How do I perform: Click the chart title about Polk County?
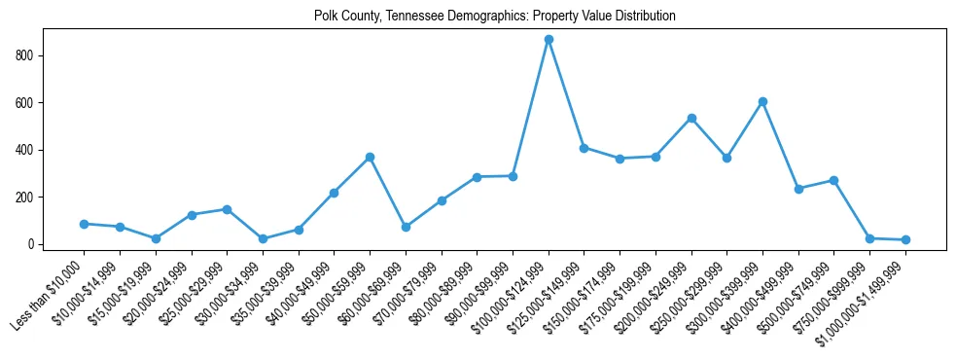point(494,17)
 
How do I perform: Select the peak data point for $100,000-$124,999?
point(549,40)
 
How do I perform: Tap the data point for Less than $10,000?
point(84,224)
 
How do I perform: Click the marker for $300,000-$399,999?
point(762,101)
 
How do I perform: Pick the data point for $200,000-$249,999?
point(691,118)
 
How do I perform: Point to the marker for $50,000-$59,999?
point(370,157)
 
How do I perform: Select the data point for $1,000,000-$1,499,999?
point(905,239)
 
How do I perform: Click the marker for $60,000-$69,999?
point(406,227)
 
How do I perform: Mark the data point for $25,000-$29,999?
point(227,209)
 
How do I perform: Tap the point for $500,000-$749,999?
point(833,180)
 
